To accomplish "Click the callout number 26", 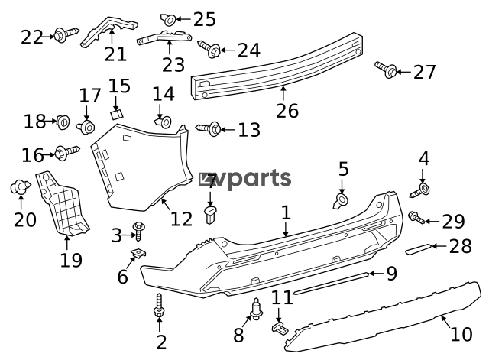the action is tap(287, 111).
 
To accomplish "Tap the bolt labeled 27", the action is tap(386, 70).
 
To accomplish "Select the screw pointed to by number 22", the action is tap(66, 34).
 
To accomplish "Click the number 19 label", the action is tap(71, 260).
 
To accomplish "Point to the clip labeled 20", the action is tap(21, 186).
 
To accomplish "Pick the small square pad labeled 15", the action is tap(117, 114).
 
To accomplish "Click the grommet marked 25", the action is tap(168, 20).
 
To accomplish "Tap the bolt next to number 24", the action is tap(209, 48).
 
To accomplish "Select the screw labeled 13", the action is tap(209, 128).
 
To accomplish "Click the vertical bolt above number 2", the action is tap(159, 306).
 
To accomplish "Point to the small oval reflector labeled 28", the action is tap(419, 248).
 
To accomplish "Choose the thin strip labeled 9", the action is tap(332, 284).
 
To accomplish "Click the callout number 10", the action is tap(461, 335).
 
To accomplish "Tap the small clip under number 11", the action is tap(280, 329).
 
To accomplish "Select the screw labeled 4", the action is tap(420, 191).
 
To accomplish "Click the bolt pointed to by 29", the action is tap(416, 217).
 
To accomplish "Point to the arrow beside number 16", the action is tap(49, 154).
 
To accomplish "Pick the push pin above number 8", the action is tap(257, 309).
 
